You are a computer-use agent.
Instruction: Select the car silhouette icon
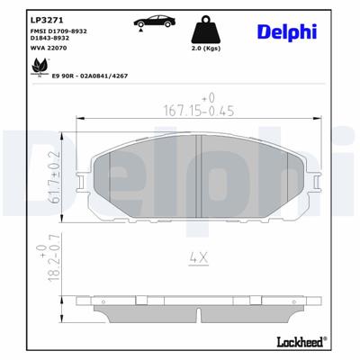145,22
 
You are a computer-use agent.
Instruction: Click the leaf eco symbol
40,66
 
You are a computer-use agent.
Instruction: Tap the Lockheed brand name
301,342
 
